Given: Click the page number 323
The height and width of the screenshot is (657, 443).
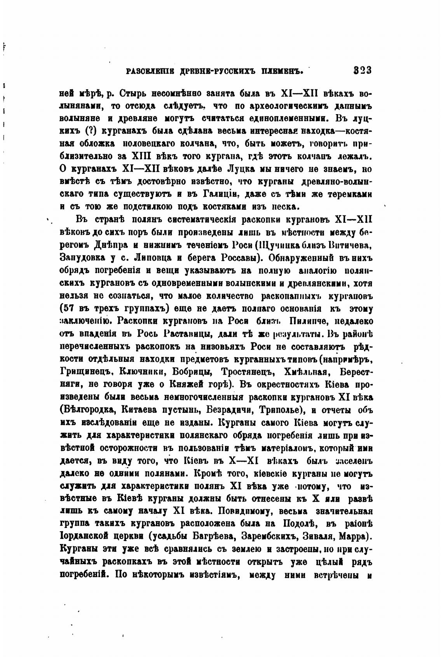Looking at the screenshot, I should point(363,70).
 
